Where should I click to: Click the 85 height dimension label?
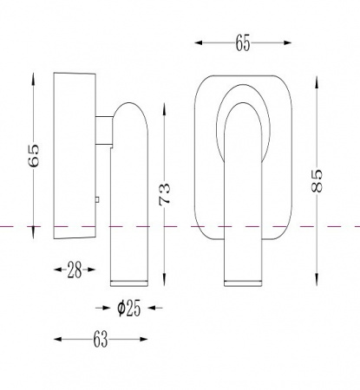click(317, 180)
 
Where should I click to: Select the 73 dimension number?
click(164, 194)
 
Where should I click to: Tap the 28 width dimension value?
click(75, 270)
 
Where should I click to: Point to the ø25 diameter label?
click(129, 308)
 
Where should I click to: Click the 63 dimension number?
click(101, 339)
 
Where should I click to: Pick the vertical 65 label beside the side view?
click(33, 155)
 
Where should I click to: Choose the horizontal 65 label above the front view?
click(243, 43)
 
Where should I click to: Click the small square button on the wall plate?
click(97, 199)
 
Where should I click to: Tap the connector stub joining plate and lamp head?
click(104, 130)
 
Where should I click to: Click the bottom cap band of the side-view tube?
click(129, 283)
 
